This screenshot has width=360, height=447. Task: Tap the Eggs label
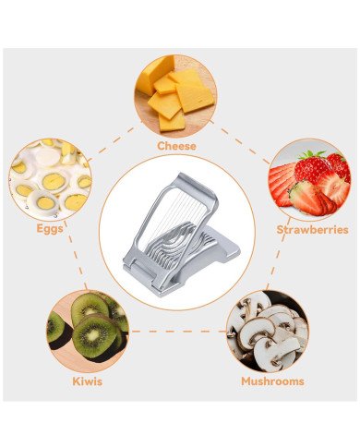[49, 227]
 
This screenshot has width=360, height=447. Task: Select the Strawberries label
[312, 229]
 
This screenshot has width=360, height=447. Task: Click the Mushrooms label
[273, 381]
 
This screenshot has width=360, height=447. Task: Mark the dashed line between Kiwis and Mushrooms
[177, 331]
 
